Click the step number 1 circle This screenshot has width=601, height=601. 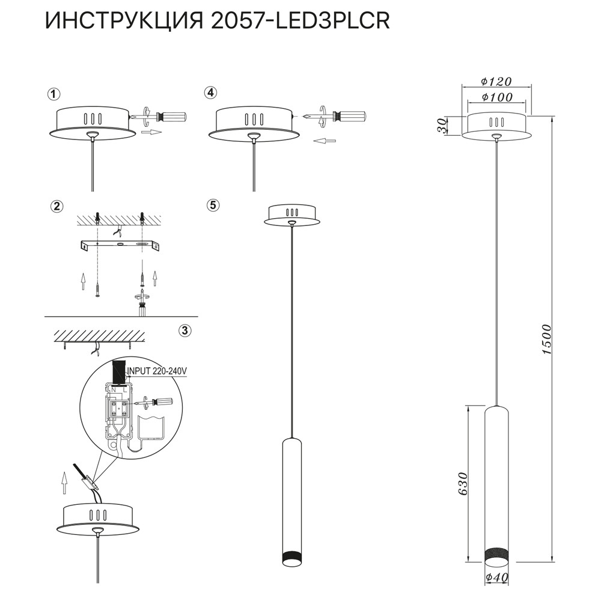(55, 94)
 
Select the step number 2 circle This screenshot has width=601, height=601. (56, 206)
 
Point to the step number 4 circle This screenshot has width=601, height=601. (210, 93)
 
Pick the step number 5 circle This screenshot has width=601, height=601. (212, 205)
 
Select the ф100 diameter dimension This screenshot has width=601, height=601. (496, 97)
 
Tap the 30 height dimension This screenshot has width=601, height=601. (442, 126)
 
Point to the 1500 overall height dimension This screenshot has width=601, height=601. (546, 340)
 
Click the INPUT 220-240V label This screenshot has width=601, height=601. (157, 371)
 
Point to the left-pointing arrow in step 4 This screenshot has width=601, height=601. (325, 141)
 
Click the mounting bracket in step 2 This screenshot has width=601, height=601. (120, 245)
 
